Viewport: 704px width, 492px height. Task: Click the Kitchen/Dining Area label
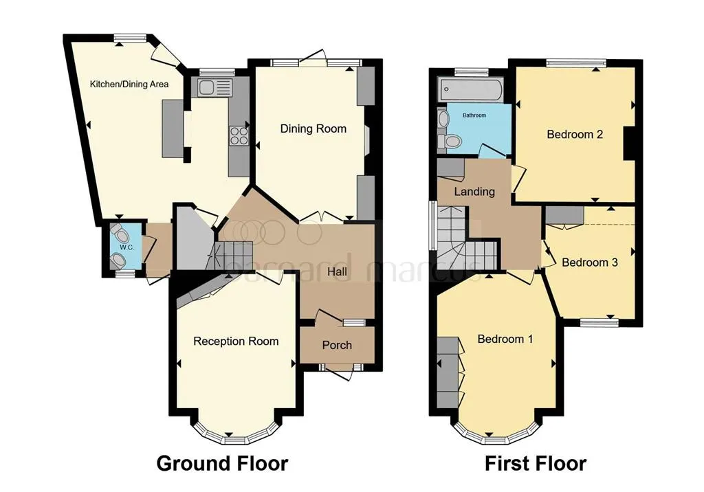[x=129, y=84]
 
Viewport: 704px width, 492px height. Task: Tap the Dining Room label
[x=313, y=128]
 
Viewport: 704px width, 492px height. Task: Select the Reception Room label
[x=236, y=342]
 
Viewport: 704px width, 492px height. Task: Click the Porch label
[x=337, y=345]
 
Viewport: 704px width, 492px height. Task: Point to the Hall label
[x=337, y=271]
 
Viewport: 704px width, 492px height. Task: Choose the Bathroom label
[x=474, y=115]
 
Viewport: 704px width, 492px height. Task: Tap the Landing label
[x=474, y=192]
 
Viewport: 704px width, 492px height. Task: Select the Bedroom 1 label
[x=505, y=339]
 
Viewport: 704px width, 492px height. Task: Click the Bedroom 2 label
[x=575, y=134]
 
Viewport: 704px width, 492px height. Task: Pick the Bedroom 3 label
[x=589, y=262]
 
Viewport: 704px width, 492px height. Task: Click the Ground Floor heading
[x=222, y=463]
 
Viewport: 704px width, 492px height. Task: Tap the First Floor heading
[x=536, y=463]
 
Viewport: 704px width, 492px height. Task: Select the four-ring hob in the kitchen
[x=239, y=135]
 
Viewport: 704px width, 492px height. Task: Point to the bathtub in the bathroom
[x=470, y=89]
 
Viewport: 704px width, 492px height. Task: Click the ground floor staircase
[x=231, y=255]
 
